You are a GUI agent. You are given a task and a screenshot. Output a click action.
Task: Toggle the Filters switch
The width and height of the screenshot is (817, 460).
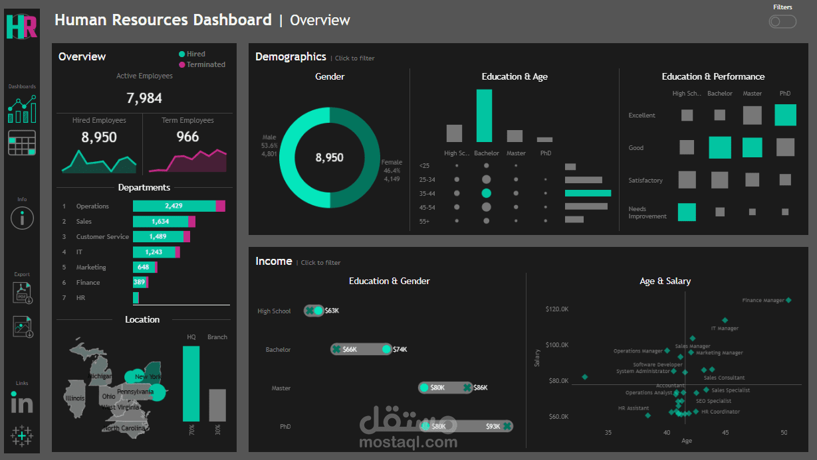pos(782,22)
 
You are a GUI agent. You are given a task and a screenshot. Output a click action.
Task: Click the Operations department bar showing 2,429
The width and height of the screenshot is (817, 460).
pos(174,206)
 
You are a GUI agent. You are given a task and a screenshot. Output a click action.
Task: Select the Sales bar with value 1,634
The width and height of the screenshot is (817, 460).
pos(160,222)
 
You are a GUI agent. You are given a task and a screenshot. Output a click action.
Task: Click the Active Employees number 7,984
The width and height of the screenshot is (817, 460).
pos(144,98)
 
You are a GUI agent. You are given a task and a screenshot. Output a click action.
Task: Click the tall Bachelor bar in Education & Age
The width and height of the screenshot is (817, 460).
pos(484,115)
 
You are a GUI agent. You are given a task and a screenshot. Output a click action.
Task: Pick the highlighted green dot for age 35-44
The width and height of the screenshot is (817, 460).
pos(486,193)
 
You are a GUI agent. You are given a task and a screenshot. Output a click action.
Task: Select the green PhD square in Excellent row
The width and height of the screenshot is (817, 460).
pos(785,115)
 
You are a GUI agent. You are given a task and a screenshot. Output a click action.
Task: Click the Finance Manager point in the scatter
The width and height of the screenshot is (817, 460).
pos(788,300)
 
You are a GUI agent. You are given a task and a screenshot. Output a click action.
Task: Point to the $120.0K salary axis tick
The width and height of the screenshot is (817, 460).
pos(556,309)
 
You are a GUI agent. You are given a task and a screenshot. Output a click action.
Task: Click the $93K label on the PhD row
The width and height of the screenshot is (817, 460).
pos(493,426)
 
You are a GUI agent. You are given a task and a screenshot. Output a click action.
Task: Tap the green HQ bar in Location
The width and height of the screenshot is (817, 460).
pos(191,383)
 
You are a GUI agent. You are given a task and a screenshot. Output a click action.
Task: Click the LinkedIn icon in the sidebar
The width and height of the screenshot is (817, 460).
pos(22,402)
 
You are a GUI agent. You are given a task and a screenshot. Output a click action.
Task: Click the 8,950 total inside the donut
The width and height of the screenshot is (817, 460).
pos(329,158)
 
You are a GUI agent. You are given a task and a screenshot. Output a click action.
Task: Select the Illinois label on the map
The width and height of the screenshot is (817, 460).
pos(75,398)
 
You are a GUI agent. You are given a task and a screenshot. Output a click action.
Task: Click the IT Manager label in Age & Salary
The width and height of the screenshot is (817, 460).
pos(724,329)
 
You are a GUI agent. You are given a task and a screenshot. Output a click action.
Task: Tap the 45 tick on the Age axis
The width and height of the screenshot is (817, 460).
pos(726,433)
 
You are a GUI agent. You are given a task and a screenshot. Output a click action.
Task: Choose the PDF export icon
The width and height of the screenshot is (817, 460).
pos(22,293)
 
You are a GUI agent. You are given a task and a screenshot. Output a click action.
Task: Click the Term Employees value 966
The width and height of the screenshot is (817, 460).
pos(187,137)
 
